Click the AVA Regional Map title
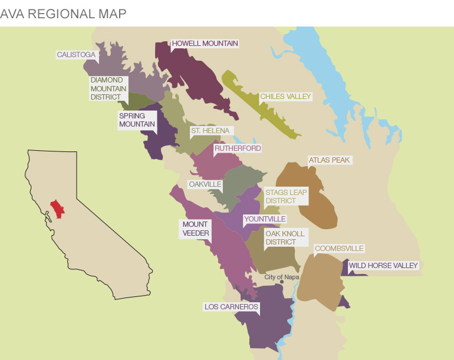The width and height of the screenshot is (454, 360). coord(63,14)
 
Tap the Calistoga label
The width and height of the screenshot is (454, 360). coord(76,55)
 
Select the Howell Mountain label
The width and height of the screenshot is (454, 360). coord(205,44)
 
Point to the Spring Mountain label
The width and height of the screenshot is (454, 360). coord(137,120)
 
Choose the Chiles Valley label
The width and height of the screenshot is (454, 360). coord(285,96)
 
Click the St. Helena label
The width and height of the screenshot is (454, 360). coord(210,131)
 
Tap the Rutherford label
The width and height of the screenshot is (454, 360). coord(237,148)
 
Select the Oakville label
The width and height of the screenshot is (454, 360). coord(205,184)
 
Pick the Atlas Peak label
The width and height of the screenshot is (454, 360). coord(329,160)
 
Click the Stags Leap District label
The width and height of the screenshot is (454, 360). coord(285,197)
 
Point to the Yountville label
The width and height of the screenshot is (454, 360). coord(265,219)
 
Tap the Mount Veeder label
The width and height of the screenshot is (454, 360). coord(195,229)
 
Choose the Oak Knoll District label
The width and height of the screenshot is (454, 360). coord(285,238)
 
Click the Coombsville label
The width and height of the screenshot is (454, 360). coord(339,249)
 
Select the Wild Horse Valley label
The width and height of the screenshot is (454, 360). coord(383,266)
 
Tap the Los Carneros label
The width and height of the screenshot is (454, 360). coord(231,307)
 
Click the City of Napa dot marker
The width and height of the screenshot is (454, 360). coord(282,282)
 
